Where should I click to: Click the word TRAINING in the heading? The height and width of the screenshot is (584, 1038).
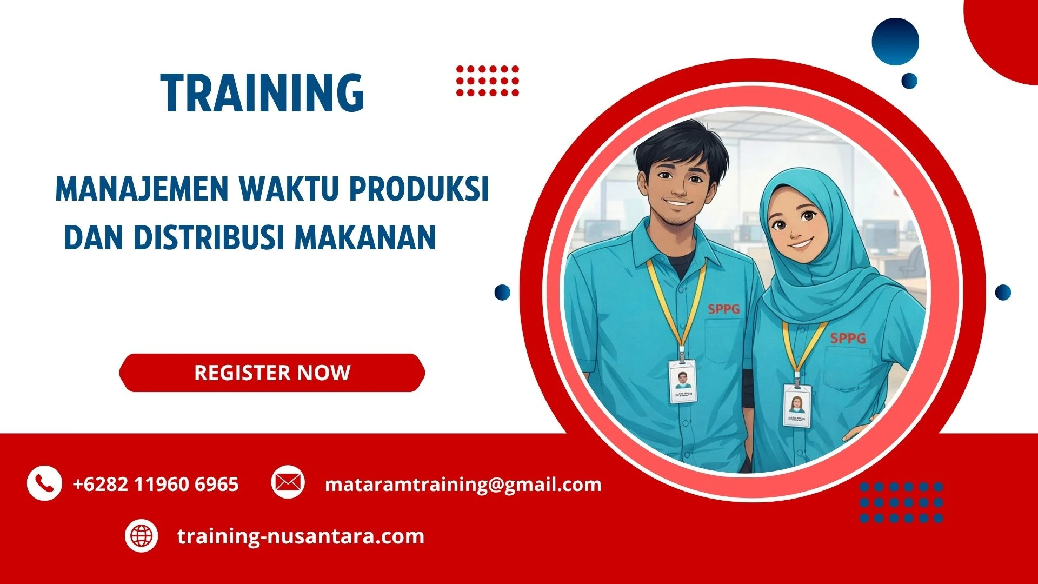(262, 93)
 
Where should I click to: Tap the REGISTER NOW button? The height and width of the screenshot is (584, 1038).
(272, 373)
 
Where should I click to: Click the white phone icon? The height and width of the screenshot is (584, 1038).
(44, 483)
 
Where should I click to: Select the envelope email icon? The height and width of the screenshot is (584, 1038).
(288, 482)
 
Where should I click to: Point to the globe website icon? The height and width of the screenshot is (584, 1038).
(142, 536)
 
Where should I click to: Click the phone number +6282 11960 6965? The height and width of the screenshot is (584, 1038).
(156, 484)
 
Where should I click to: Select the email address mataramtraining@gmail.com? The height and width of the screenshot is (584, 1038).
(463, 484)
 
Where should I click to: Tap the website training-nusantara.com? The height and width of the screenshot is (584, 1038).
(301, 536)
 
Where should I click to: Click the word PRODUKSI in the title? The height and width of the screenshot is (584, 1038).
(418, 189)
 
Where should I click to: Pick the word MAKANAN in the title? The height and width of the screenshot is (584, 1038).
(365, 237)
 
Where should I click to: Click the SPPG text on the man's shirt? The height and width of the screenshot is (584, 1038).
(724, 309)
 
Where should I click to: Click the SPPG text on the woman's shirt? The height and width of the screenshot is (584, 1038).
(848, 339)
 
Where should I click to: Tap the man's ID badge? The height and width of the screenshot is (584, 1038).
(683, 382)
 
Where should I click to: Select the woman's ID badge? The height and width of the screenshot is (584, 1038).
(797, 406)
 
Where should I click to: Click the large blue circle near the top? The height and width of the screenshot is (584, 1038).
(895, 42)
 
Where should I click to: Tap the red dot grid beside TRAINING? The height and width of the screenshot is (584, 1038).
(487, 81)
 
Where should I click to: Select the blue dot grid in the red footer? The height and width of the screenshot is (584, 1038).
(901, 502)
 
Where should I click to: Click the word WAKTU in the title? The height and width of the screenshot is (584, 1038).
(289, 189)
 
